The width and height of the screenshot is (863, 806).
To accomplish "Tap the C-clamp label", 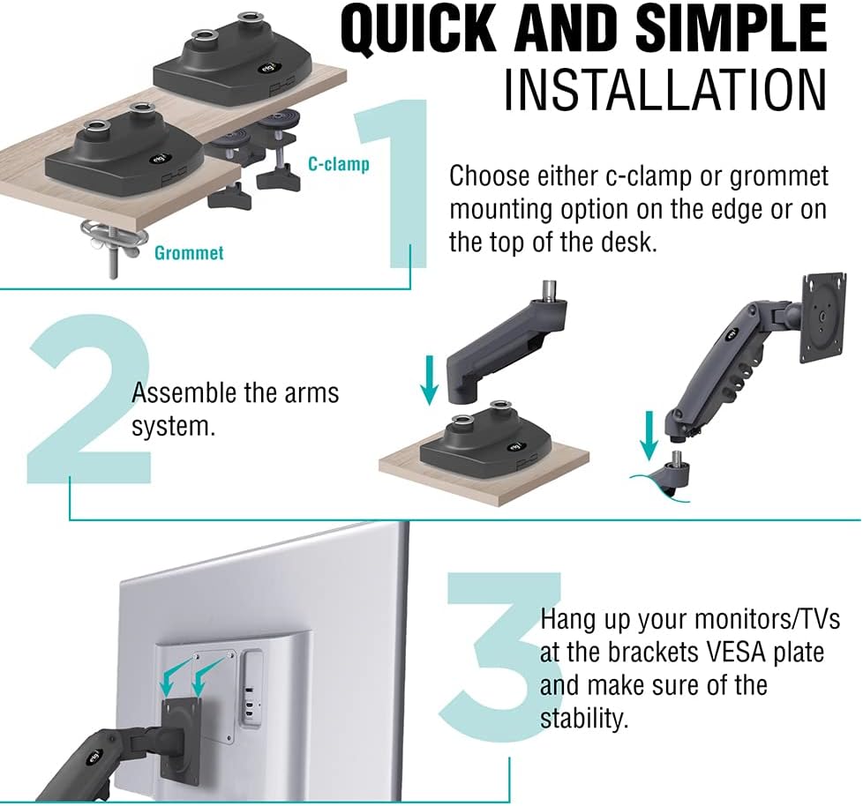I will [x=339, y=164].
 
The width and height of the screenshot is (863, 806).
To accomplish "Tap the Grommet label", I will [x=189, y=253].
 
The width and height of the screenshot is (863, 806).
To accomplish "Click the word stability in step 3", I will [x=584, y=717].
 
